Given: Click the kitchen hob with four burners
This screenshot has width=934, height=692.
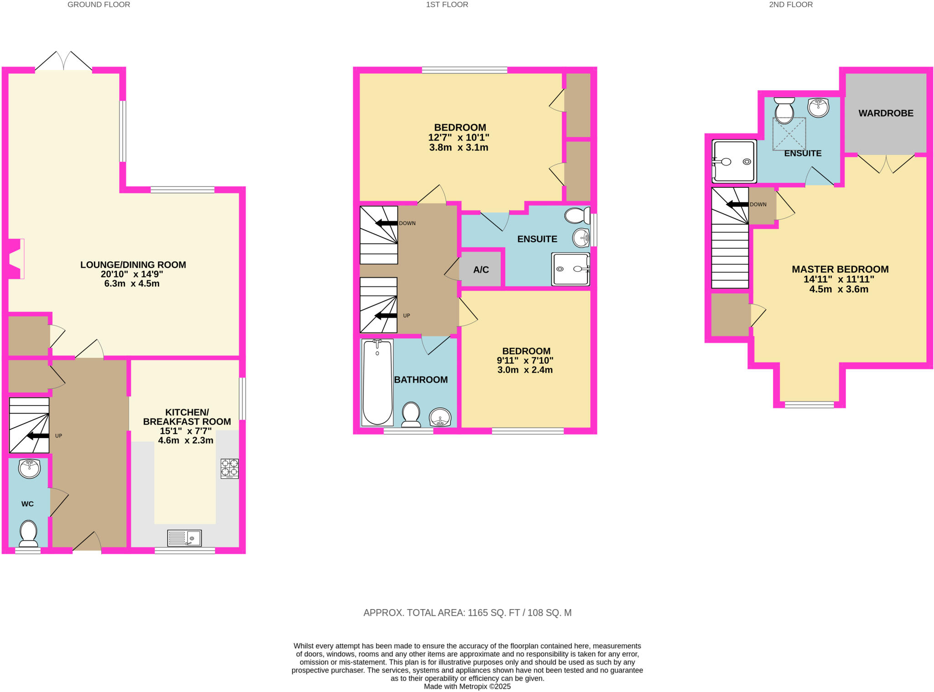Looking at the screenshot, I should tap(229, 468).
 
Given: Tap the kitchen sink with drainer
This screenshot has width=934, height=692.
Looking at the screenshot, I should tap(184, 538).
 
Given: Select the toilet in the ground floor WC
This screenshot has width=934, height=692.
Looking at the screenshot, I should tap(28, 533).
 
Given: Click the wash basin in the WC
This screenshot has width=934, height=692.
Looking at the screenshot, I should tap(29, 469).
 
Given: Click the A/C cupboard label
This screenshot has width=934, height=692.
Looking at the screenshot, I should tap(481, 269).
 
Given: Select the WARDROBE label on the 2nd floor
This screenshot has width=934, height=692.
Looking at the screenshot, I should tap(886, 113).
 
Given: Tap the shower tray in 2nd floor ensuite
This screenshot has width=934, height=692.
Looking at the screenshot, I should tap(734, 161).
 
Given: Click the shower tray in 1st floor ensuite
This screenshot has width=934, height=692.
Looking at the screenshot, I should tap(571, 269).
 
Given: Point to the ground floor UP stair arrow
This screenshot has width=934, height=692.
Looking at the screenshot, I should tap(38, 436).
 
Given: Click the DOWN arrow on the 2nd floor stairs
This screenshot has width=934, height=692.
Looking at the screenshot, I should tap(737, 204).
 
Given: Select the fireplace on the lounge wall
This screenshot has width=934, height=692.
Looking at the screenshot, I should tap(15, 258).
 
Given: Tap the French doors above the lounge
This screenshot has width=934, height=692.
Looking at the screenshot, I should tap(64, 61).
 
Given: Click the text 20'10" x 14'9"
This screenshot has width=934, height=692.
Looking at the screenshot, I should tap(132, 274).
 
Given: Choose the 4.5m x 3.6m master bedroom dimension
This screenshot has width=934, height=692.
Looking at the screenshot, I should tap(838, 289).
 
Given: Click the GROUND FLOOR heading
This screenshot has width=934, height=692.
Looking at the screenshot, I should tap(99, 5).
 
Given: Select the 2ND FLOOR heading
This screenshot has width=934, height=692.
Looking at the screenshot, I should tap(790, 5).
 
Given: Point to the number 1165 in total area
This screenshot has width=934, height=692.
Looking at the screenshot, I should tap(477, 613).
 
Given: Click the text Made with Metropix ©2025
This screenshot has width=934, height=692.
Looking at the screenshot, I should tap(467, 687).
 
